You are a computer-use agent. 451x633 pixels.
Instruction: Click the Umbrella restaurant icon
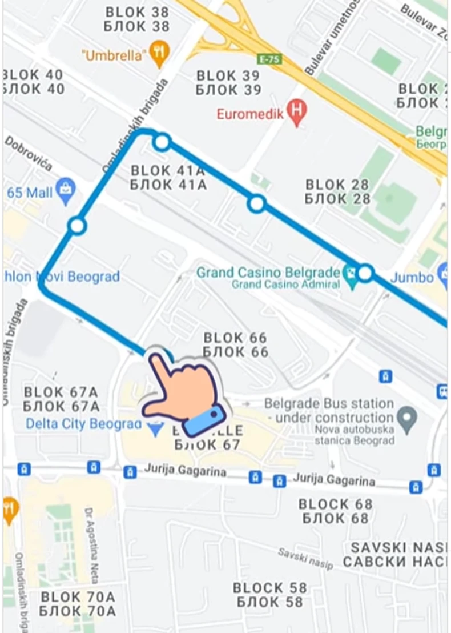pos(159,54)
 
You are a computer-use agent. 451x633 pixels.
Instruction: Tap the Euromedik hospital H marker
pos(296,113)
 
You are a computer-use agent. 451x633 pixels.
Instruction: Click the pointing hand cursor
pos(183,394)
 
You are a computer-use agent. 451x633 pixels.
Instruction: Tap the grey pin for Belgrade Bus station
pos(407,419)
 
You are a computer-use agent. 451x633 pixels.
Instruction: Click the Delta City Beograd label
pos(83,424)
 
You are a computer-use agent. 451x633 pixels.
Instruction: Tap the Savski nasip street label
pos(305,558)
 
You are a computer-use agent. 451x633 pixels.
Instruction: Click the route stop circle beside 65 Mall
pos(77,226)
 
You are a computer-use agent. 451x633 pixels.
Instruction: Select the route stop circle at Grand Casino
pos(365,273)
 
